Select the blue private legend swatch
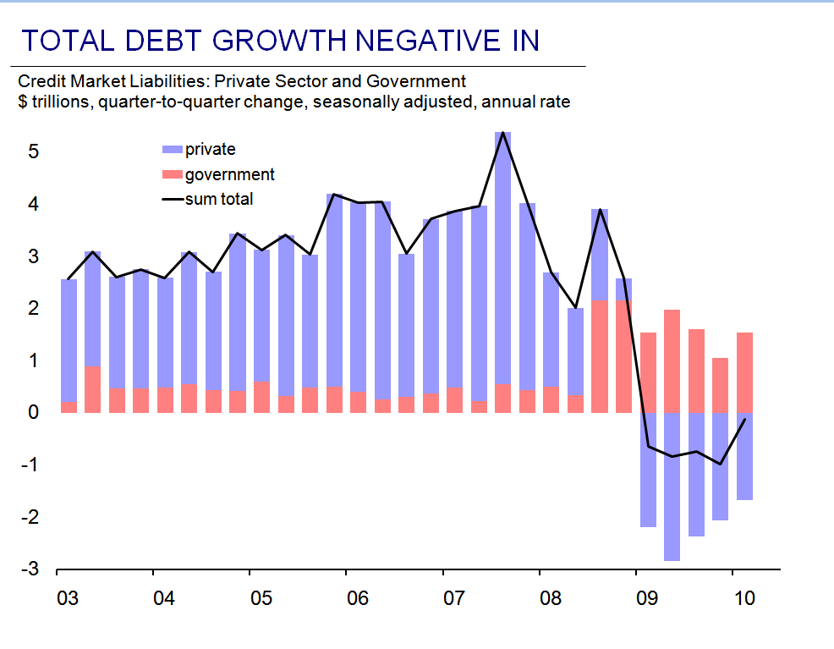(x=172, y=150)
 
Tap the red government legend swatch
(x=172, y=175)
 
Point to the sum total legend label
(x=219, y=200)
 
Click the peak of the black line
(x=502, y=133)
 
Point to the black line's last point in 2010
(x=744, y=419)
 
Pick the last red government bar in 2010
(x=744, y=372)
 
